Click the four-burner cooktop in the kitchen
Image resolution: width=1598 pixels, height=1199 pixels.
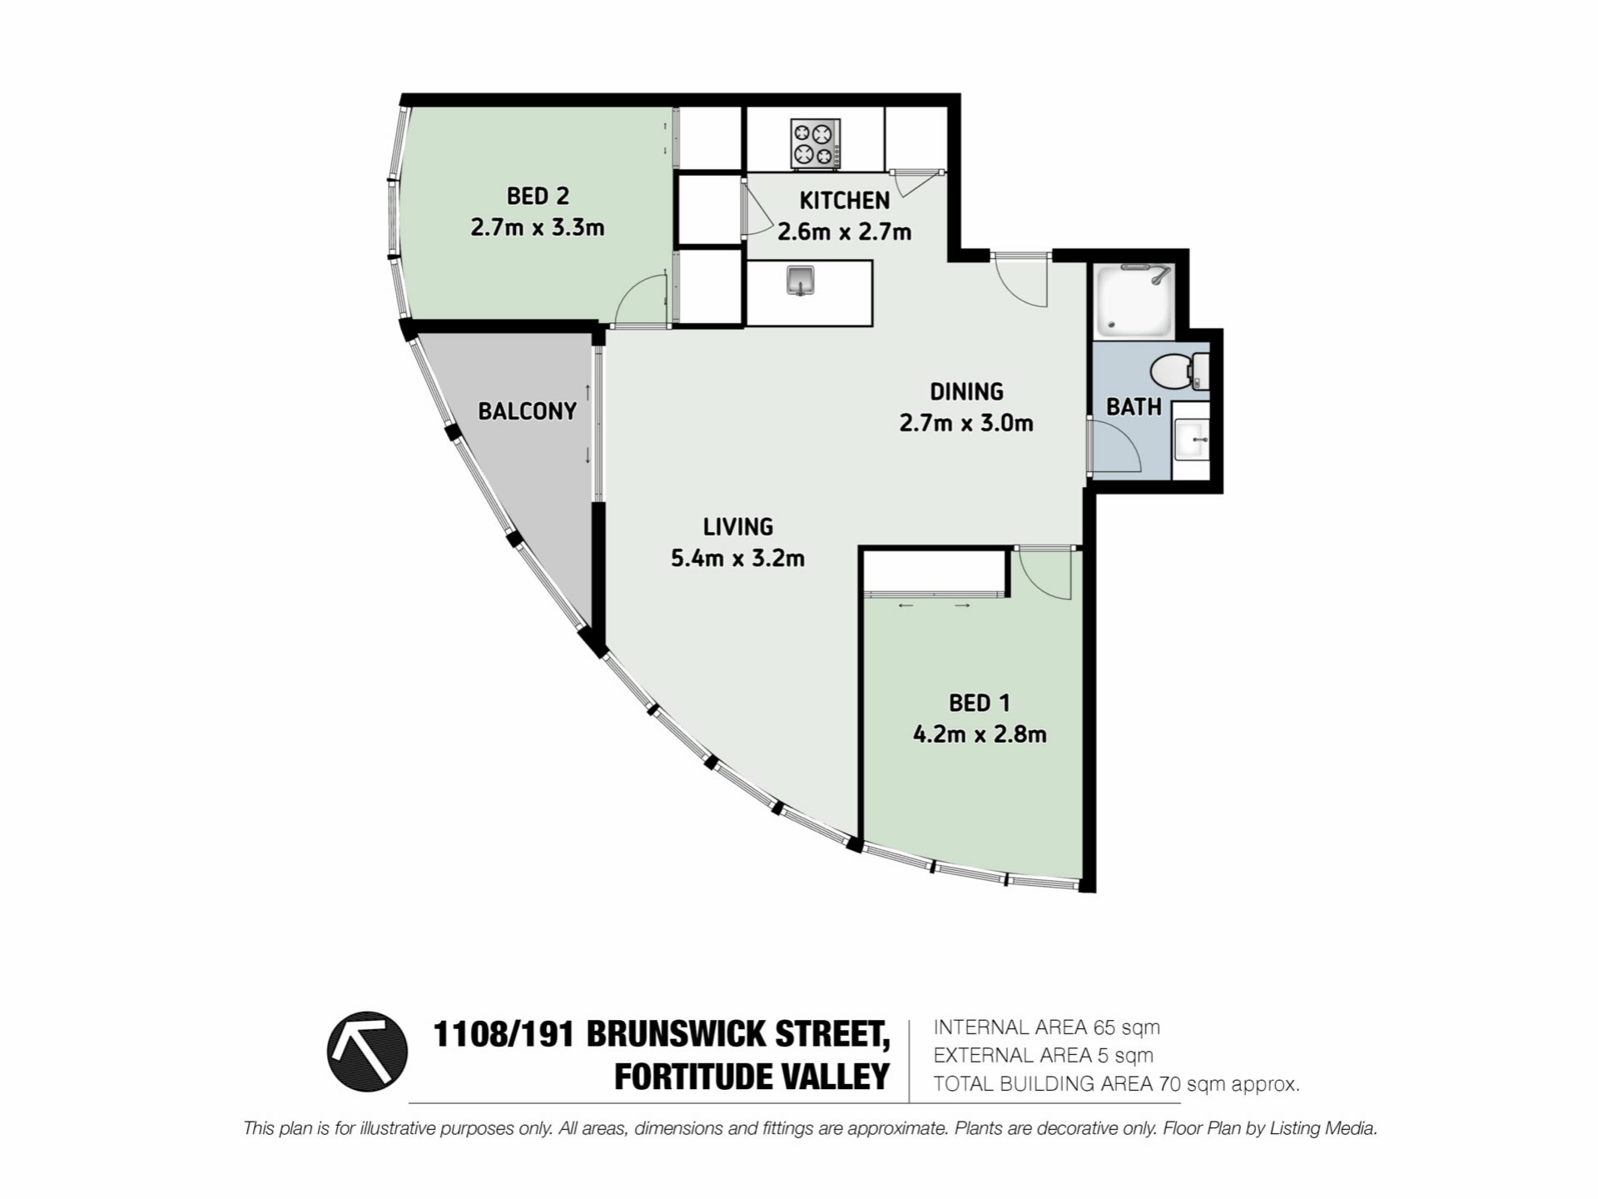click(x=815, y=143)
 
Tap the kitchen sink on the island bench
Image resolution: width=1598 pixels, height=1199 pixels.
click(x=801, y=281)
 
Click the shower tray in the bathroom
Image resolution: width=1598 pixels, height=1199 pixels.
click(x=1134, y=300)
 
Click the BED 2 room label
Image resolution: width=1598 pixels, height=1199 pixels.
click(x=538, y=197)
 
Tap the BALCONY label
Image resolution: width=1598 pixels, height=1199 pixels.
click(x=527, y=410)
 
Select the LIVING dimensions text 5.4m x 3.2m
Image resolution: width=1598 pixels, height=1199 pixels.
click(x=737, y=558)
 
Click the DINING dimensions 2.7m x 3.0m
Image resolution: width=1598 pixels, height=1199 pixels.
click(x=966, y=423)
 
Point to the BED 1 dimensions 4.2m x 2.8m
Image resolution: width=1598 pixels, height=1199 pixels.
click(x=980, y=734)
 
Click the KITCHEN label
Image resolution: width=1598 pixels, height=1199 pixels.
click(x=845, y=200)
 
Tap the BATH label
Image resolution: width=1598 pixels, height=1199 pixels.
click(x=1134, y=406)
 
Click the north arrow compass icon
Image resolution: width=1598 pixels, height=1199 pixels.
click(x=367, y=1051)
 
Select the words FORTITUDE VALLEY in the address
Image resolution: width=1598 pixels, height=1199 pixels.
click(x=752, y=1077)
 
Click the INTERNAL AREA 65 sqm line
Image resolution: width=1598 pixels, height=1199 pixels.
click(x=1046, y=1027)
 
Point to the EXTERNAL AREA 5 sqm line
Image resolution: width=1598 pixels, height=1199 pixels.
click(x=1043, y=1056)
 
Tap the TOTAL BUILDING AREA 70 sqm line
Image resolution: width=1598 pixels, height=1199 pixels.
click(x=1116, y=1084)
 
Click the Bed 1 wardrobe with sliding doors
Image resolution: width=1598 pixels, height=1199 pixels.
click(x=935, y=573)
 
